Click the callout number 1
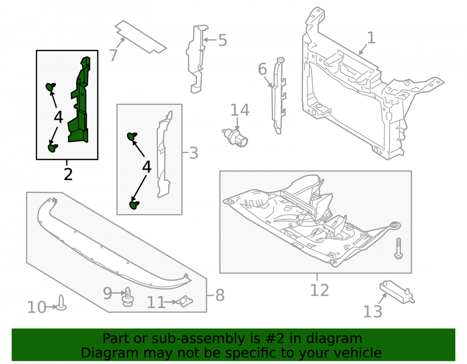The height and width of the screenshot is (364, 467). [371, 38]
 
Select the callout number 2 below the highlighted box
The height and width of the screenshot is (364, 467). [68, 174]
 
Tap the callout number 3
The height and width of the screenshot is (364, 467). [194, 153]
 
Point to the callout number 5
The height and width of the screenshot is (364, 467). [222, 41]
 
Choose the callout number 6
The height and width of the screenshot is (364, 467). [262, 69]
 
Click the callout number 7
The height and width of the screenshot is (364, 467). [113, 55]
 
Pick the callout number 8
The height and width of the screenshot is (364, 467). [220, 295]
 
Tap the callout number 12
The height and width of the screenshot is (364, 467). [319, 290]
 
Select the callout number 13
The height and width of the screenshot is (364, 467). [373, 311]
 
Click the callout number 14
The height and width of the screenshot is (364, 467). [240, 110]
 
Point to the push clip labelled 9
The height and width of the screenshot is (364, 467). [128, 296]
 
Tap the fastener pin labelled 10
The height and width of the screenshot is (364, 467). [61, 302]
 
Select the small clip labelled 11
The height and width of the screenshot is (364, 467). [185, 301]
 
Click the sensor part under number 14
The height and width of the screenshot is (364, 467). [235, 137]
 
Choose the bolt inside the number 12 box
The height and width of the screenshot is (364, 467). [398, 248]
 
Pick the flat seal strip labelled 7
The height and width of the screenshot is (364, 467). [141, 37]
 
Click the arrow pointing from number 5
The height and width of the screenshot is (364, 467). [210, 40]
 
